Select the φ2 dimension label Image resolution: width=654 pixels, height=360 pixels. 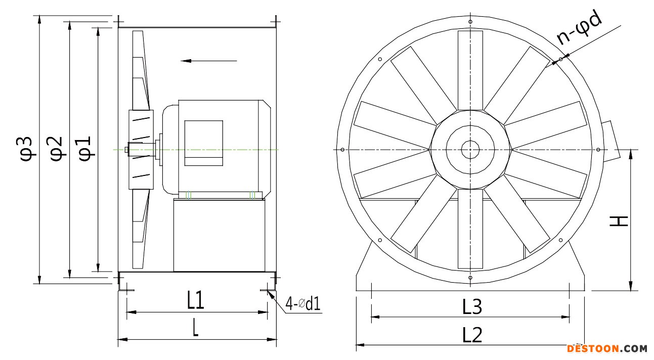(56, 149)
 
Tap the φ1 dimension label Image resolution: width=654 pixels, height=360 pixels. (84, 149)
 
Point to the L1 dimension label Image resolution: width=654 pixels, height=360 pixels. (195, 300)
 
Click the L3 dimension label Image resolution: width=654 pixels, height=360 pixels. (472, 307)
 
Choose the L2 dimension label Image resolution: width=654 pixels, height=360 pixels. (472, 335)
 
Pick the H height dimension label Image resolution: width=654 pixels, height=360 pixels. (619, 221)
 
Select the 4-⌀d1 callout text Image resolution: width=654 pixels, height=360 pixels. (303, 304)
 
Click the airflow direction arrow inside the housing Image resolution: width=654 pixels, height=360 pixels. (208, 61)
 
